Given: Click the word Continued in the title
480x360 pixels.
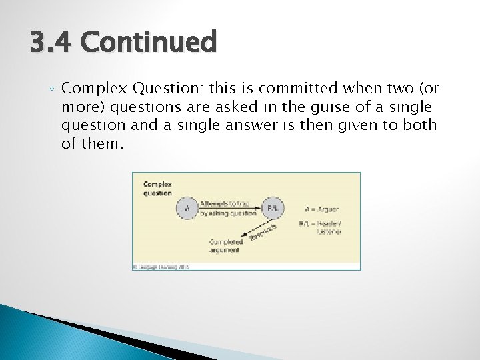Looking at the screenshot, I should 149,42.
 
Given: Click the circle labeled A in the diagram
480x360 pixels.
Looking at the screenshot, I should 187,208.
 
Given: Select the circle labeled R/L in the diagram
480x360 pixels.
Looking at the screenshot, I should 273,208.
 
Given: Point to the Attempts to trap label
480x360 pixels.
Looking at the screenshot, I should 225,203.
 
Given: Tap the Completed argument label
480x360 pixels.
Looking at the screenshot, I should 226,245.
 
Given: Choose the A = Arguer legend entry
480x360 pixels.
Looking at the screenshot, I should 321,209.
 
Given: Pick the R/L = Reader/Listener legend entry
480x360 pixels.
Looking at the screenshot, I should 321,227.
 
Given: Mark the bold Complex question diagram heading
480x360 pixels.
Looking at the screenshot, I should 158,189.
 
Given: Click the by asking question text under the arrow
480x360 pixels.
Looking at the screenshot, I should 228,213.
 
